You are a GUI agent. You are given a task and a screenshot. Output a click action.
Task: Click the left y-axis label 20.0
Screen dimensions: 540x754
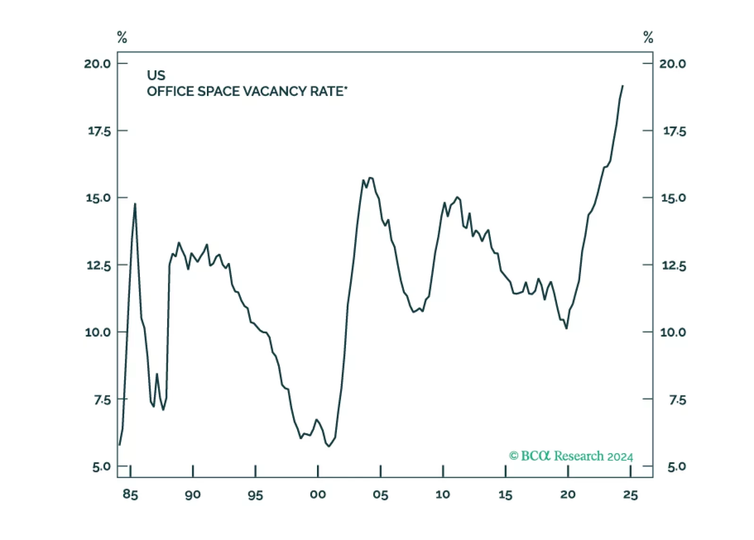97,64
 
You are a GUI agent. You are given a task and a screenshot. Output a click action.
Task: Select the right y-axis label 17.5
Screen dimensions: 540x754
675,131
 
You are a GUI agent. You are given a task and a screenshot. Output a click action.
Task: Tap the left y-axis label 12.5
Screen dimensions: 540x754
98,265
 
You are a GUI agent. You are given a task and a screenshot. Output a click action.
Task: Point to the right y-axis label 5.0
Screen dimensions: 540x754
677,467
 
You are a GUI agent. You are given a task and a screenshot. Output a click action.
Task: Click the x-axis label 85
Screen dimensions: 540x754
130,495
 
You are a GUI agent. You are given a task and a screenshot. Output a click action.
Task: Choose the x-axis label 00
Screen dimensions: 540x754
318,495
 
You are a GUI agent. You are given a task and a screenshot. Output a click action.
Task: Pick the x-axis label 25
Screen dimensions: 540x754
631,495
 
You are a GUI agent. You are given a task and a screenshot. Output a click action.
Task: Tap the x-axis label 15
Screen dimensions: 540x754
505,495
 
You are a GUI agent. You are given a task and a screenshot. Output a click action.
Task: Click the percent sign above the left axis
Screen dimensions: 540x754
122,37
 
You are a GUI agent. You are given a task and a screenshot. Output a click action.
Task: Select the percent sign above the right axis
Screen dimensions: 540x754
648,37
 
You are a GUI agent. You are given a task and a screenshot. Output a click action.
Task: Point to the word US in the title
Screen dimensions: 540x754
156,76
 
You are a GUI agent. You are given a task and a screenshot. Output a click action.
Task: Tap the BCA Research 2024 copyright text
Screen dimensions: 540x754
571,456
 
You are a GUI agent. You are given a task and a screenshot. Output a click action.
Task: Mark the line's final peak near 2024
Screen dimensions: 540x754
623,86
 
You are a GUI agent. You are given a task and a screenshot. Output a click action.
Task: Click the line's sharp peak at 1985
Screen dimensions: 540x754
135,203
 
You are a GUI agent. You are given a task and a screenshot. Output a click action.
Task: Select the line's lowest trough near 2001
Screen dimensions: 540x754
329,446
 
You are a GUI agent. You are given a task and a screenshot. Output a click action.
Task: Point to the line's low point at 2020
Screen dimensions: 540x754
566,328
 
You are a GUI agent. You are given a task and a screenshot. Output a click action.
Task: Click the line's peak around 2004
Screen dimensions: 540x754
370,177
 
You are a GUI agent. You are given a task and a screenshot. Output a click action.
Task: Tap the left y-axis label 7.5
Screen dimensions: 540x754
102,400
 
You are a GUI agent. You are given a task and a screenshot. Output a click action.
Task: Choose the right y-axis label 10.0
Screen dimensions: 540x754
673,332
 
